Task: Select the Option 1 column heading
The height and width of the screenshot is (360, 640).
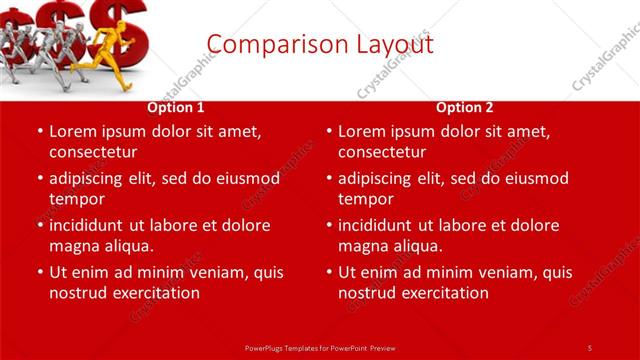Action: tap(176, 107)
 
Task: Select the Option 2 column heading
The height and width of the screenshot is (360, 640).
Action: tap(465, 107)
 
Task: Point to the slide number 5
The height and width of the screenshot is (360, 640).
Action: tap(590, 347)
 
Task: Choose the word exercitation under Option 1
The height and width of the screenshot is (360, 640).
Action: tap(154, 293)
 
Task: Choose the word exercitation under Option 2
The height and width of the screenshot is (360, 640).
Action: tap(443, 293)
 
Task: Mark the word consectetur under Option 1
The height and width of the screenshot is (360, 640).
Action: tap(93, 152)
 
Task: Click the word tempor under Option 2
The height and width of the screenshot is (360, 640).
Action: tap(363, 199)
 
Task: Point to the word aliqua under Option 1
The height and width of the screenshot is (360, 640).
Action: tap(124, 246)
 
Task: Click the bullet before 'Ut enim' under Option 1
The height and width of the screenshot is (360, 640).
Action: tap(39, 272)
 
